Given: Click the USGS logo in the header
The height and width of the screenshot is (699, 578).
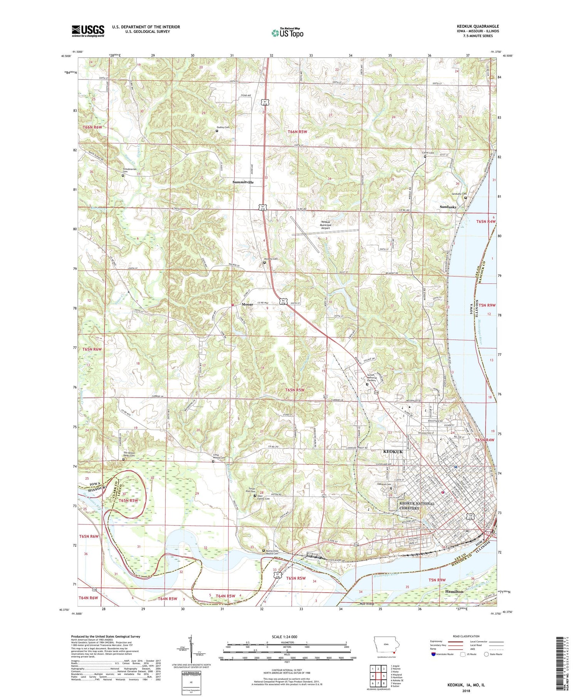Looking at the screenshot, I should [x=88, y=31].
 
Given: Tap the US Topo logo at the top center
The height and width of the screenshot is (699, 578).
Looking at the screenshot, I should [x=287, y=33].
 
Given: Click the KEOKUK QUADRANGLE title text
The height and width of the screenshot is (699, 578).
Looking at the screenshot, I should [x=477, y=26].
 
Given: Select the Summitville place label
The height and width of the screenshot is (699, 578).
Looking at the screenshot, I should [x=243, y=182].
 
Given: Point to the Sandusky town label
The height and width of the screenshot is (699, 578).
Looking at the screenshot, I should [x=448, y=207].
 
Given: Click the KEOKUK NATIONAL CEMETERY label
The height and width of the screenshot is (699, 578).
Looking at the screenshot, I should [x=417, y=505].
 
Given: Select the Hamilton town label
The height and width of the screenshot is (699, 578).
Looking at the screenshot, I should [x=454, y=591].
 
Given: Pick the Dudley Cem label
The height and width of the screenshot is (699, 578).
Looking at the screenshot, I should [x=223, y=127].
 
